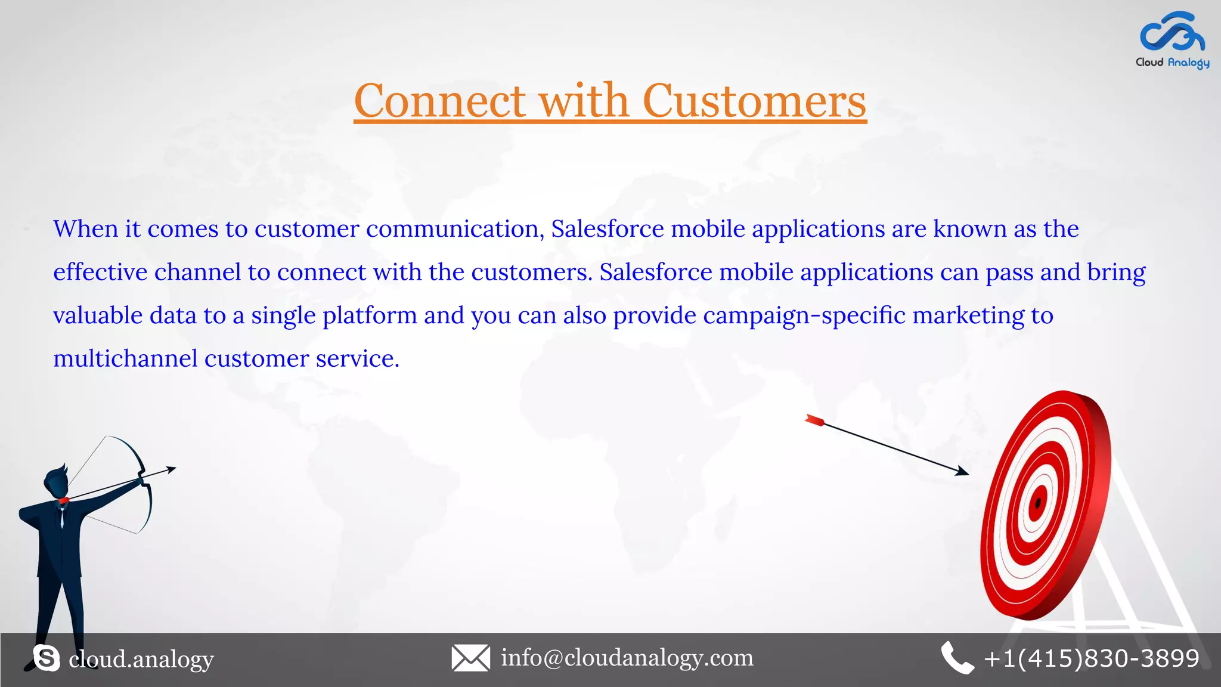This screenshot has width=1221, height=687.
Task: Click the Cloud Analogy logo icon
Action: click(1172, 32)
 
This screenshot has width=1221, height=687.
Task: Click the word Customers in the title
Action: click(754, 101)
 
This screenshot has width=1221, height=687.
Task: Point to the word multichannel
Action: click(125, 358)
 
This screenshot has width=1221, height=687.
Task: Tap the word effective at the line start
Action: click(100, 272)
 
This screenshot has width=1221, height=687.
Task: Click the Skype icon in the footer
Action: click(47, 658)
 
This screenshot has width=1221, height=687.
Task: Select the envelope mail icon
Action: click(470, 658)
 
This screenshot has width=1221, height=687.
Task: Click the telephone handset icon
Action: click(956, 658)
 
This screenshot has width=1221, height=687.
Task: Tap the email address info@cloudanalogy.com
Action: click(627, 658)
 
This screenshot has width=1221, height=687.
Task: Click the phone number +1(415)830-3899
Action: click(1092, 658)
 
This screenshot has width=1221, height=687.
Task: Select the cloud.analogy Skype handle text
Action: click(141, 659)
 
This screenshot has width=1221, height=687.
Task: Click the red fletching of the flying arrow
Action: click(814, 420)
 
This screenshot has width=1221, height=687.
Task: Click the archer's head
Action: click(55, 480)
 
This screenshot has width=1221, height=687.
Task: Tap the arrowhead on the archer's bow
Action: click(172, 469)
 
